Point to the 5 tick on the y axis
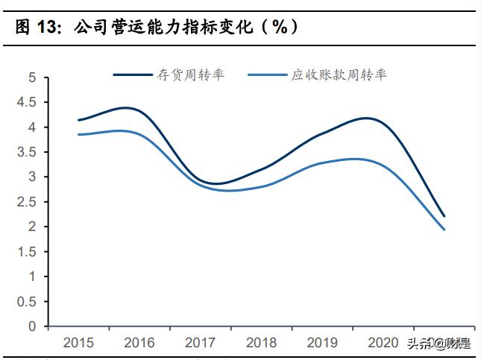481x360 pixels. [32, 78]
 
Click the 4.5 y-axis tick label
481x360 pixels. [27, 102]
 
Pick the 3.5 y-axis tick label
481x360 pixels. [27, 152]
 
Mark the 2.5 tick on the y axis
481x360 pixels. [27, 202]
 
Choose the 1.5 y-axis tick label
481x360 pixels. [27, 251]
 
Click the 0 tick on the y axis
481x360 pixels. [32, 326]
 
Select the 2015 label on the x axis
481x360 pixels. [78, 343]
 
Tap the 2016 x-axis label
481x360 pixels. [139, 343]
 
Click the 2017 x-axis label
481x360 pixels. [201, 343]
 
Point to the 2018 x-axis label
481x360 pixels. [261, 343]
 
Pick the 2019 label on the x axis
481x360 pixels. [322, 343]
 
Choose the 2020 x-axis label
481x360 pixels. [383, 343]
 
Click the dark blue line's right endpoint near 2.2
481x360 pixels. [444, 216]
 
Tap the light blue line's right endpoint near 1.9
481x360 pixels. [444, 230]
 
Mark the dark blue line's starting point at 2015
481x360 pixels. [78, 120]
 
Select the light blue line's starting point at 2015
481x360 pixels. [78, 134]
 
